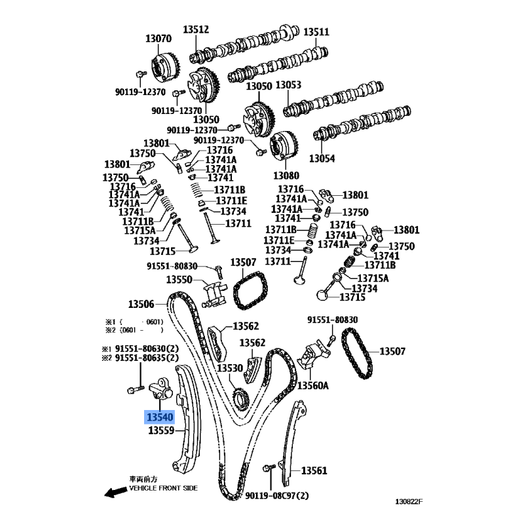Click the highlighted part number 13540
[160, 417]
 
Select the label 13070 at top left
[159, 39]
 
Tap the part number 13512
[196, 29]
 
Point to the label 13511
[316, 31]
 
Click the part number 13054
[322, 158]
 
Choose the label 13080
[286, 175]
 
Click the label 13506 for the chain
[141, 304]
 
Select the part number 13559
[161, 430]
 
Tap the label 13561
[314, 470]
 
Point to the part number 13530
[230, 368]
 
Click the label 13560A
[313, 386]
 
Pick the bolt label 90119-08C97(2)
[276, 495]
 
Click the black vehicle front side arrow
[116, 492]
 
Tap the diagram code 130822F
[409, 501]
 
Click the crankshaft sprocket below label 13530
[240, 398]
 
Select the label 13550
[179, 280]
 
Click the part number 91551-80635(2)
[147, 358]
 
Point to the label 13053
[288, 85]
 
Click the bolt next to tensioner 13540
[136, 389]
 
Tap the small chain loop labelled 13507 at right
[356, 353]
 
